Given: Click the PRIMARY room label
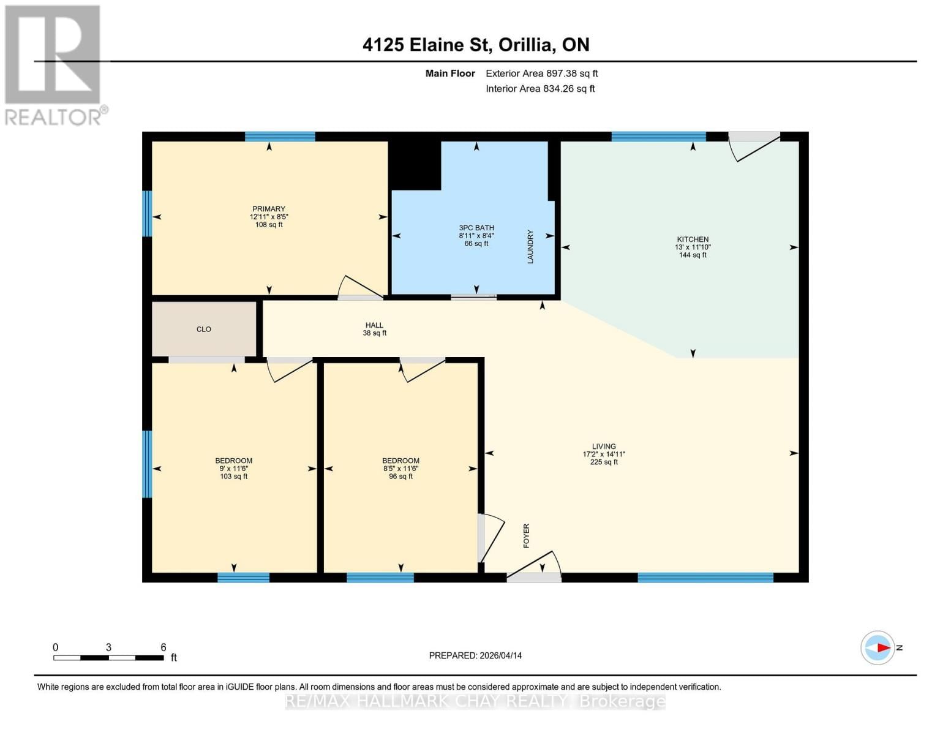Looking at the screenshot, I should click(x=268, y=209).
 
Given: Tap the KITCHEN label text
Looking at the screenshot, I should click(x=693, y=239).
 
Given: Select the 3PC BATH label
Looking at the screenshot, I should click(x=476, y=228).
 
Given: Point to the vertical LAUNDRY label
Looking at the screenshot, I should click(x=530, y=247).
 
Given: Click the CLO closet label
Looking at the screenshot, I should click(x=204, y=330).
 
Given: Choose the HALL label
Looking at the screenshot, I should click(x=374, y=325).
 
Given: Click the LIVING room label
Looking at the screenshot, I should click(x=604, y=447).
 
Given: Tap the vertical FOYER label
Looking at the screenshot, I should click(x=526, y=536).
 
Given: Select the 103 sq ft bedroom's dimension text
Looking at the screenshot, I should click(x=234, y=469).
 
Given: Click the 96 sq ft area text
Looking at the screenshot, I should click(x=401, y=477).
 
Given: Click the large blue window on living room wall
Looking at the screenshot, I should click(x=705, y=577).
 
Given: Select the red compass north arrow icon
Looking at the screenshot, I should click(x=882, y=647).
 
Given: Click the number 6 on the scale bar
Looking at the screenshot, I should click(x=164, y=647).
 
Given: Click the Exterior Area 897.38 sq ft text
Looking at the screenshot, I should click(x=541, y=73).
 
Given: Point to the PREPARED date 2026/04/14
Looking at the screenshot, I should click(x=475, y=655).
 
